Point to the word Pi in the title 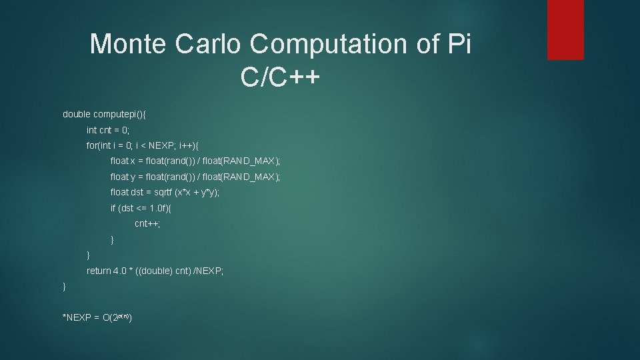click(457, 44)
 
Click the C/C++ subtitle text click(281, 77)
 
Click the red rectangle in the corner click(565, 29)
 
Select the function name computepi click(116, 114)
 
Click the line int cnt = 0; click(108, 130)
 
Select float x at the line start click(123, 161)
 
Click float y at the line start click(123, 177)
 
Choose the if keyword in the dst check click(113, 208)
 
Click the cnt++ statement click(147, 224)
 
